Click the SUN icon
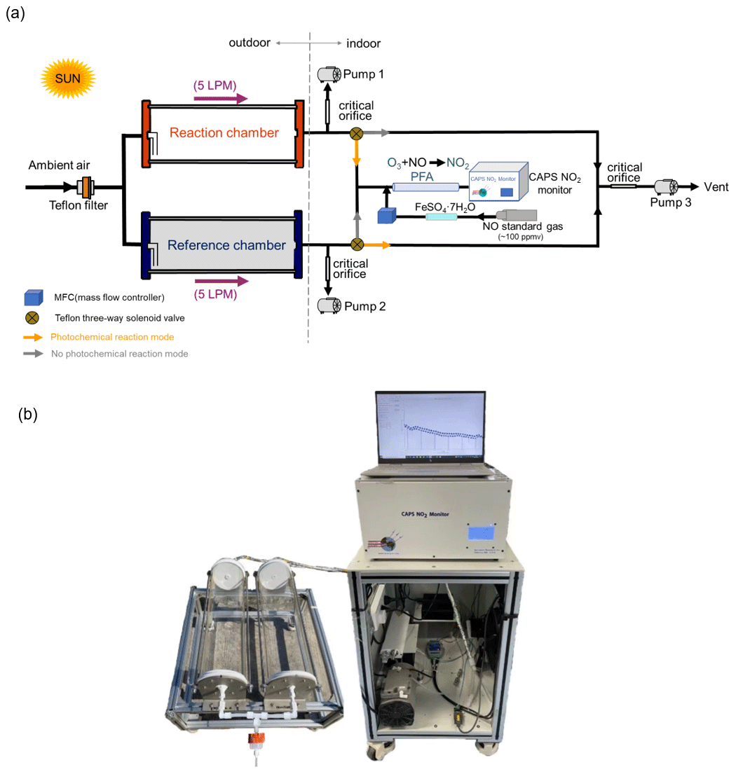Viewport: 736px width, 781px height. [68, 78]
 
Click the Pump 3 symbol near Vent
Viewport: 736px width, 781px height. [665, 187]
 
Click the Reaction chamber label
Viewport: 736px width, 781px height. [224, 133]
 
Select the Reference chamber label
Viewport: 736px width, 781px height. [226, 246]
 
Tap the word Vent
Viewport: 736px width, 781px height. [716, 187]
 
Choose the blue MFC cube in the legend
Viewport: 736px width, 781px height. [29, 298]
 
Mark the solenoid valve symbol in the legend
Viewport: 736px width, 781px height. [30, 317]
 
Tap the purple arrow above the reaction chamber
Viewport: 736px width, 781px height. [221, 99]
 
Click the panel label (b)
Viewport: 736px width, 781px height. [27, 415]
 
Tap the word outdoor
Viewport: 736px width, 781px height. [250, 43]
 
